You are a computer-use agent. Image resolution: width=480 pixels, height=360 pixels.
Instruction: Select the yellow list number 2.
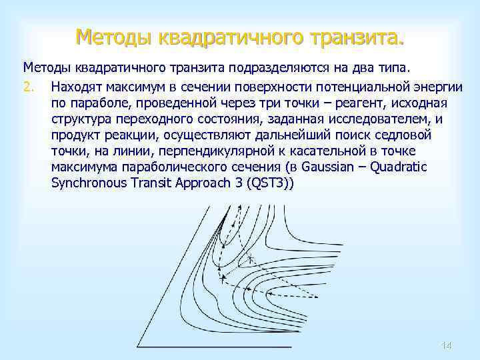28,87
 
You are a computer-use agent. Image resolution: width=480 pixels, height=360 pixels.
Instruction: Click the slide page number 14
447,345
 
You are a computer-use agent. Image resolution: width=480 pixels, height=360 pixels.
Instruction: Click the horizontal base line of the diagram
220,347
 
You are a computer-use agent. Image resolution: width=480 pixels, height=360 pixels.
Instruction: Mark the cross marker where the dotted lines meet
251,258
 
